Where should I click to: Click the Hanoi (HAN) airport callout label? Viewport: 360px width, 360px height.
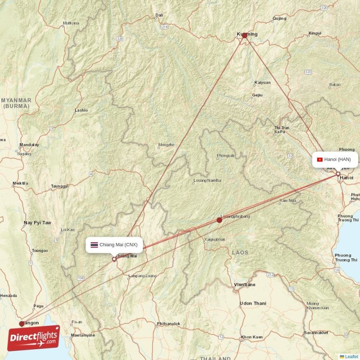coord(336,159)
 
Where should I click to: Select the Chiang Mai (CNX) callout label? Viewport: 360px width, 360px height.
coord(114,245)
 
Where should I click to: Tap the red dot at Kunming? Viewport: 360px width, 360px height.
coord(244,35)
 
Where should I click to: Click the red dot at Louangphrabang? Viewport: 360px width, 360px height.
coord(219,220)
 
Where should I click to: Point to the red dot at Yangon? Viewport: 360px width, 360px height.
coord(22,324)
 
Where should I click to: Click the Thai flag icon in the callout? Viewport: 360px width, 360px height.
coord(94,245)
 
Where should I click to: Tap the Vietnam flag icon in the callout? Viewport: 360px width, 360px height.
coord(319,159)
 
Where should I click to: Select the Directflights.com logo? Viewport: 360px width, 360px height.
coord(33,338)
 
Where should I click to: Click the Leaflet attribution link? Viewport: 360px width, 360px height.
coord(351,356)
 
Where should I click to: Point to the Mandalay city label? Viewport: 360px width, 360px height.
coord(29,145)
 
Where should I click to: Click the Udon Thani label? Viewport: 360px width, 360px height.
coord(252,303)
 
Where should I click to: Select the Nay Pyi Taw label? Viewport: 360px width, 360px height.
coord(37,223)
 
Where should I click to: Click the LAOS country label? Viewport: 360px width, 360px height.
coord(240,252)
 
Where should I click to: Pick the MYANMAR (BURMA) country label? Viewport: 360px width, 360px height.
coord(16,103)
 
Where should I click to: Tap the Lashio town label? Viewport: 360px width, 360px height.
coord(81,110)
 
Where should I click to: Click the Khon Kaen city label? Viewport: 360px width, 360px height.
coord(252,337)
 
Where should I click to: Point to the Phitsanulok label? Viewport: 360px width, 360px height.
coord(169,324)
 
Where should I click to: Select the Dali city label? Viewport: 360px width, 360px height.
coord(159,15)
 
